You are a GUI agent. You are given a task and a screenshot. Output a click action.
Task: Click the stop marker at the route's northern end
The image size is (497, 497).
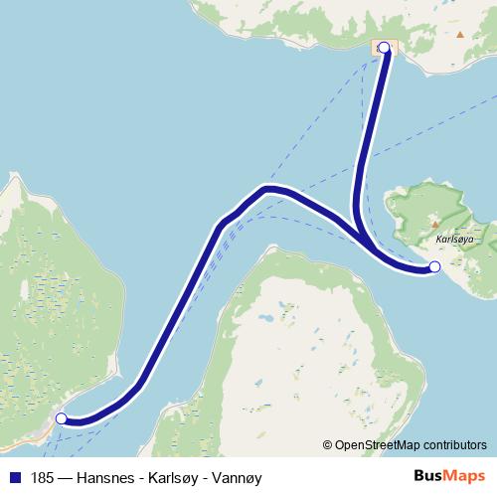[x=384, y=47]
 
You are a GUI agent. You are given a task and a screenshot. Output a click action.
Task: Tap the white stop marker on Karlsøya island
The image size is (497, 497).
[x=433, y=266]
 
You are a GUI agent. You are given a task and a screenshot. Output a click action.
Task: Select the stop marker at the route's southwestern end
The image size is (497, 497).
[x=62, y=418]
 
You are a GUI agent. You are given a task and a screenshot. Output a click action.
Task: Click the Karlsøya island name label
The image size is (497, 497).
[x=452, y=241]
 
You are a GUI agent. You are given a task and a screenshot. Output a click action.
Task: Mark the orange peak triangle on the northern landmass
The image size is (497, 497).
[x=459, y=34]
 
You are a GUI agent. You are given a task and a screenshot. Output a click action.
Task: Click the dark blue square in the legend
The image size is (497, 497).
[x=14, y=477]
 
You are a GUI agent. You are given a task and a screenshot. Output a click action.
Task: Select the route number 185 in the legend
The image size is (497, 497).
[x=43, y=477]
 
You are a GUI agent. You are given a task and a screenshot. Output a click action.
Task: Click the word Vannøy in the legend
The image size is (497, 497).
[x=241, y=477]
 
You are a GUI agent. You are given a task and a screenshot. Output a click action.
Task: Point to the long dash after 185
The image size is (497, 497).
[x=70, y=477]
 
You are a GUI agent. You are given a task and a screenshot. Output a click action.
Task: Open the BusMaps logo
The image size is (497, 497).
[x=450, y=477]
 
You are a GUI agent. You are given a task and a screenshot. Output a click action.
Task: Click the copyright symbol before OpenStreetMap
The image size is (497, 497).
[x=328, y=446]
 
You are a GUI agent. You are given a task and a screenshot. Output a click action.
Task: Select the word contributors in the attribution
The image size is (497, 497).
[x=452, y=446]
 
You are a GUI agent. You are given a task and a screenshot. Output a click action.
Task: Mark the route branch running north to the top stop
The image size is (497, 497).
[x=370, y=129]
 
